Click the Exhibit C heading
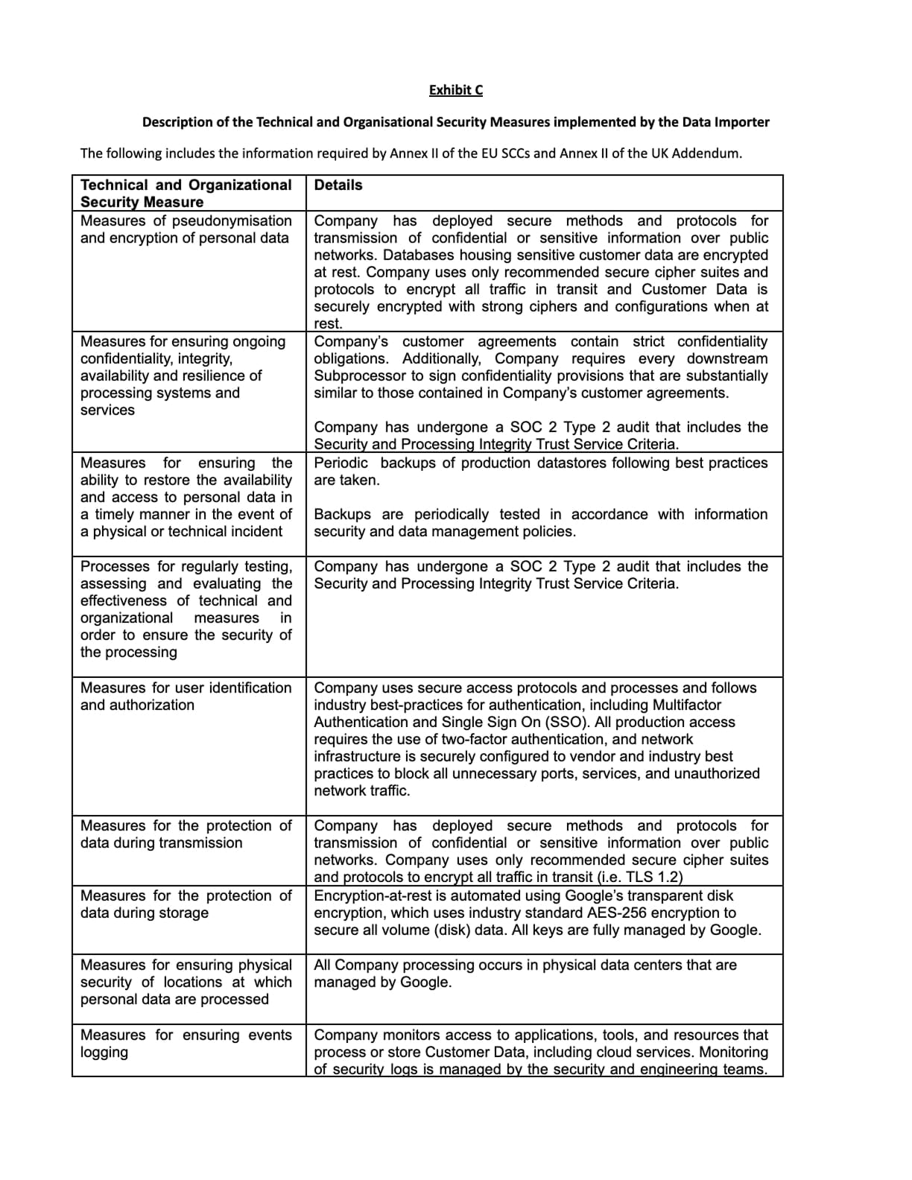click(455, 90)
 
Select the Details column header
click(338, 185)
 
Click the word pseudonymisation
click(232, 221)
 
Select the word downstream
click(731, 359)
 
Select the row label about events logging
click(186, 1044)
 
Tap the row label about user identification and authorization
click(186, 697)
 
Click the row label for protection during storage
click(186, 904)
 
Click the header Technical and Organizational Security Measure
click(186, 194)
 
